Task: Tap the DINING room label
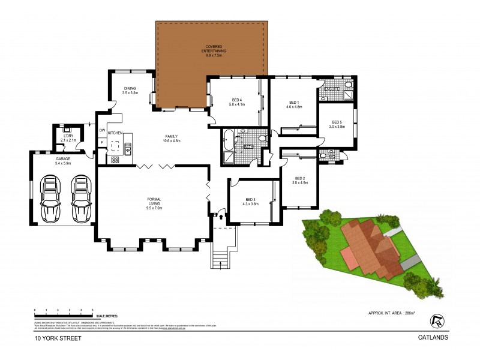click(130, 90)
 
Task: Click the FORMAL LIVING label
click(154, 202)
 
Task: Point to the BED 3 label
click(250, 201)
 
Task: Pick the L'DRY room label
click(68, 137)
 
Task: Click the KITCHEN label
click(115, 132)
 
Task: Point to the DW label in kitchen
click(103, 130)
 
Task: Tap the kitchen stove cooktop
click(114, 160)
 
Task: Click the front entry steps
click(220, 256)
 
